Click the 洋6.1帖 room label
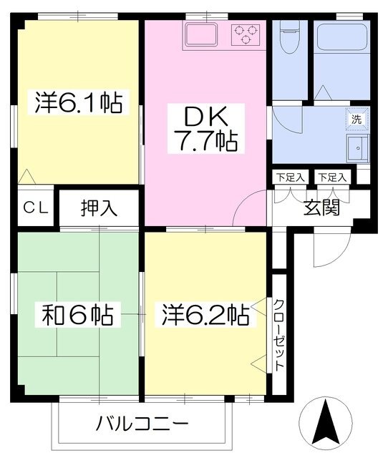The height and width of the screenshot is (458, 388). (78, 102)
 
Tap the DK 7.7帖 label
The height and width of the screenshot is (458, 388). (206, 129)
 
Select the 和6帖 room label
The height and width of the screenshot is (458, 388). (78, 315)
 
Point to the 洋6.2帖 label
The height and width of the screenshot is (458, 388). (205, 315)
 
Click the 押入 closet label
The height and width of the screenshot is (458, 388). (99, 208)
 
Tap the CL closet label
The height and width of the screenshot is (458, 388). (36, 208)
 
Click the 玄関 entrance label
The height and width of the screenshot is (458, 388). (321, 208)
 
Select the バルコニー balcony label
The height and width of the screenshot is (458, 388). (142, 423)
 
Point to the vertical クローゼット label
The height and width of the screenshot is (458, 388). (279, 335)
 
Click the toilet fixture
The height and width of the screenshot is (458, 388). (288, 37)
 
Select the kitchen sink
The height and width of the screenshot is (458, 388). (201, 34)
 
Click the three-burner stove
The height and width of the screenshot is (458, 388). (246, 34)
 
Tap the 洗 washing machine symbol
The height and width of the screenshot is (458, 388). (357, 120)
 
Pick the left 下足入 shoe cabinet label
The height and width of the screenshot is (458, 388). (291, 177)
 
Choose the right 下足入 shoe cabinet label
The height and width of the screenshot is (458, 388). (332, 177)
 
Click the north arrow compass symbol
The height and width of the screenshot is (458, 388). (326, 422)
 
